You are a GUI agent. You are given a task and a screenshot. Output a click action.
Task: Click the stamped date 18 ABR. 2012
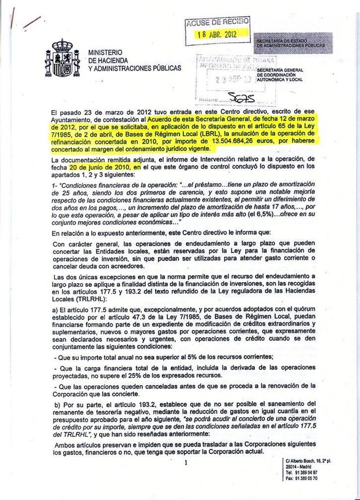216,34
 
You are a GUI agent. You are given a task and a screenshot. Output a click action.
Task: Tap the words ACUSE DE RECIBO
217,22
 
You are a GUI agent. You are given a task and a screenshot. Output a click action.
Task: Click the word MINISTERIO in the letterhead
105,52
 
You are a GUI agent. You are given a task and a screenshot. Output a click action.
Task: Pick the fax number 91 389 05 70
310,478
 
